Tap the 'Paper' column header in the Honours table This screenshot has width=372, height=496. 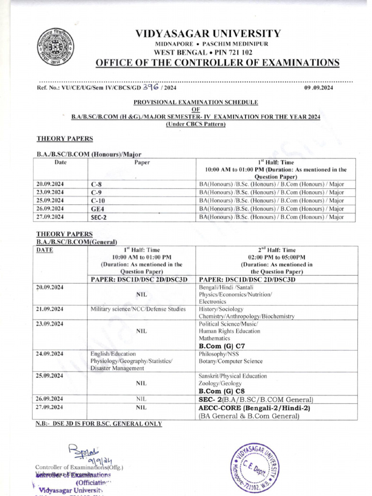tap(142, 163)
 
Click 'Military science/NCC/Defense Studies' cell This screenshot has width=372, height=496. tap(138, 309)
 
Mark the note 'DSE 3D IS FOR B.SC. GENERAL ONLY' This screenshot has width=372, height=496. tap(99, 424)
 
